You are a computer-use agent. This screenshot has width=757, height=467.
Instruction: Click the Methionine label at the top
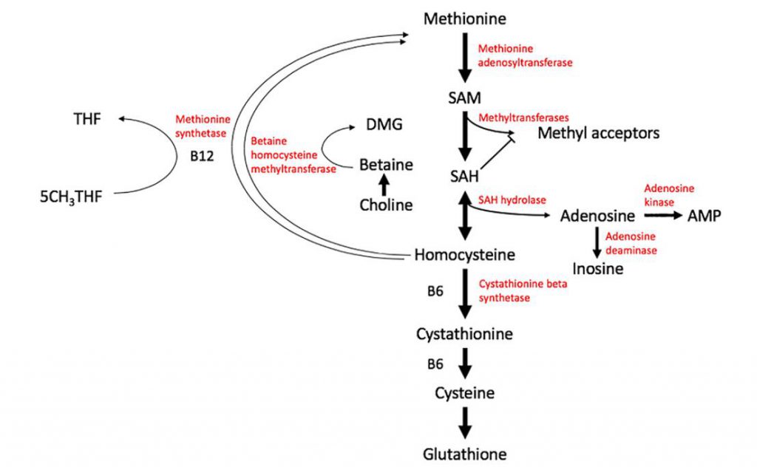click(465, 18)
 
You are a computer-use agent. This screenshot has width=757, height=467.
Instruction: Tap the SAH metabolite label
click(465, 177)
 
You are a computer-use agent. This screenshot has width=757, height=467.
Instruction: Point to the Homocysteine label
click(465, 256)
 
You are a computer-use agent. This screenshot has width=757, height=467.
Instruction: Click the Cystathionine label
click(465, 334)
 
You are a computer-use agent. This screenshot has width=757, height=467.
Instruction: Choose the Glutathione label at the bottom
click(465, 453)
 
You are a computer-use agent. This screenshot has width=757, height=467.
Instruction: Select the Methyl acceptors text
click(598, 134)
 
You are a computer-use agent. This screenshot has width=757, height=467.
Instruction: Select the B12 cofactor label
click(200, 157)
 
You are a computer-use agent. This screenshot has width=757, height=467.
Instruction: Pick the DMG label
click(384, 125)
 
